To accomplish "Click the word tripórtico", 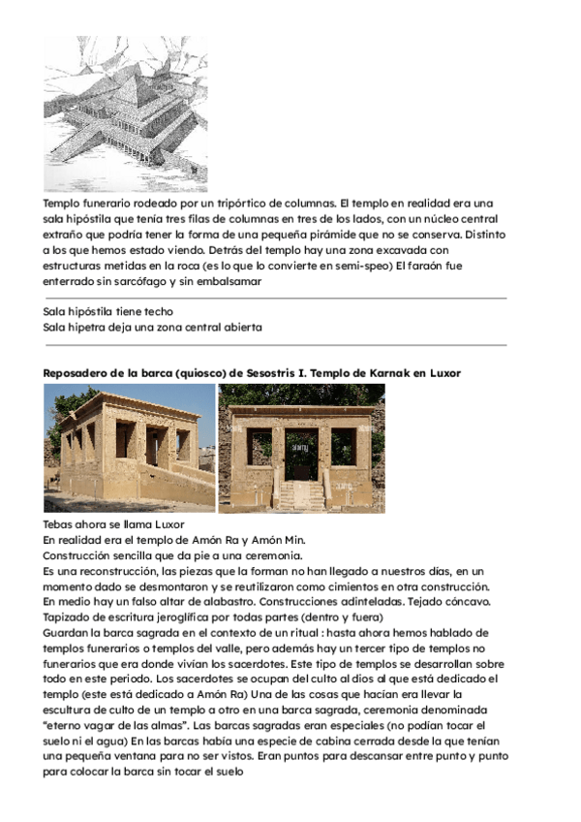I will point(238,204).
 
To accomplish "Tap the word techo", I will point(157,311).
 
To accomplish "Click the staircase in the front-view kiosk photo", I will point(300,494).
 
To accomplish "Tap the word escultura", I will point(76,710).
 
